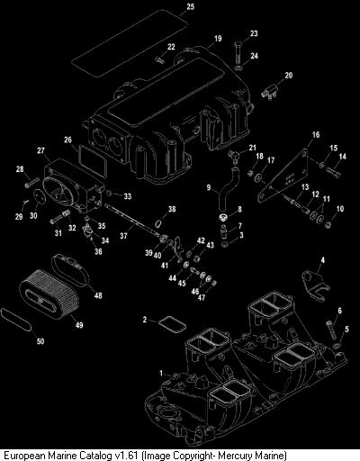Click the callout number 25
point(191,6)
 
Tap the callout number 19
point(218,39)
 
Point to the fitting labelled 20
point(270,91)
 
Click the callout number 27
point(40,150)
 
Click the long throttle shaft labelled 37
point(132,220)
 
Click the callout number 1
point(161,374)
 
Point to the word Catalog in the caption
point(94,455)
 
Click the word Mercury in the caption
point(233,456)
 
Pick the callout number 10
point(340,208)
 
